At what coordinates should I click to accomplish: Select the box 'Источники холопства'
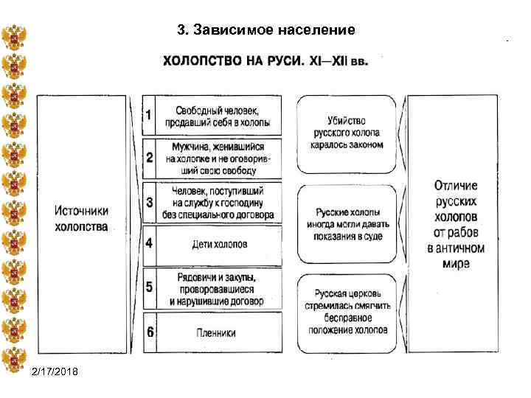click(x=81, y=217)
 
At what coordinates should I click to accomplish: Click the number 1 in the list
click(x=149, y=115)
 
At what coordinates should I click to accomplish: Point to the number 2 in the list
click(x=149, y=158)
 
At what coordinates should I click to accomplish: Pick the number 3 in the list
click(x=149, y=201)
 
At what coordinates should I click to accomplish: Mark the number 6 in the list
click(x=149, y=332)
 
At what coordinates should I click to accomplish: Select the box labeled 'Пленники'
click(x=217, y=333)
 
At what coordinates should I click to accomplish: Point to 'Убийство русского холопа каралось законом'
click(x=347, y=133)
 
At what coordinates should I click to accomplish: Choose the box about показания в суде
click(x=347, y=224)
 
